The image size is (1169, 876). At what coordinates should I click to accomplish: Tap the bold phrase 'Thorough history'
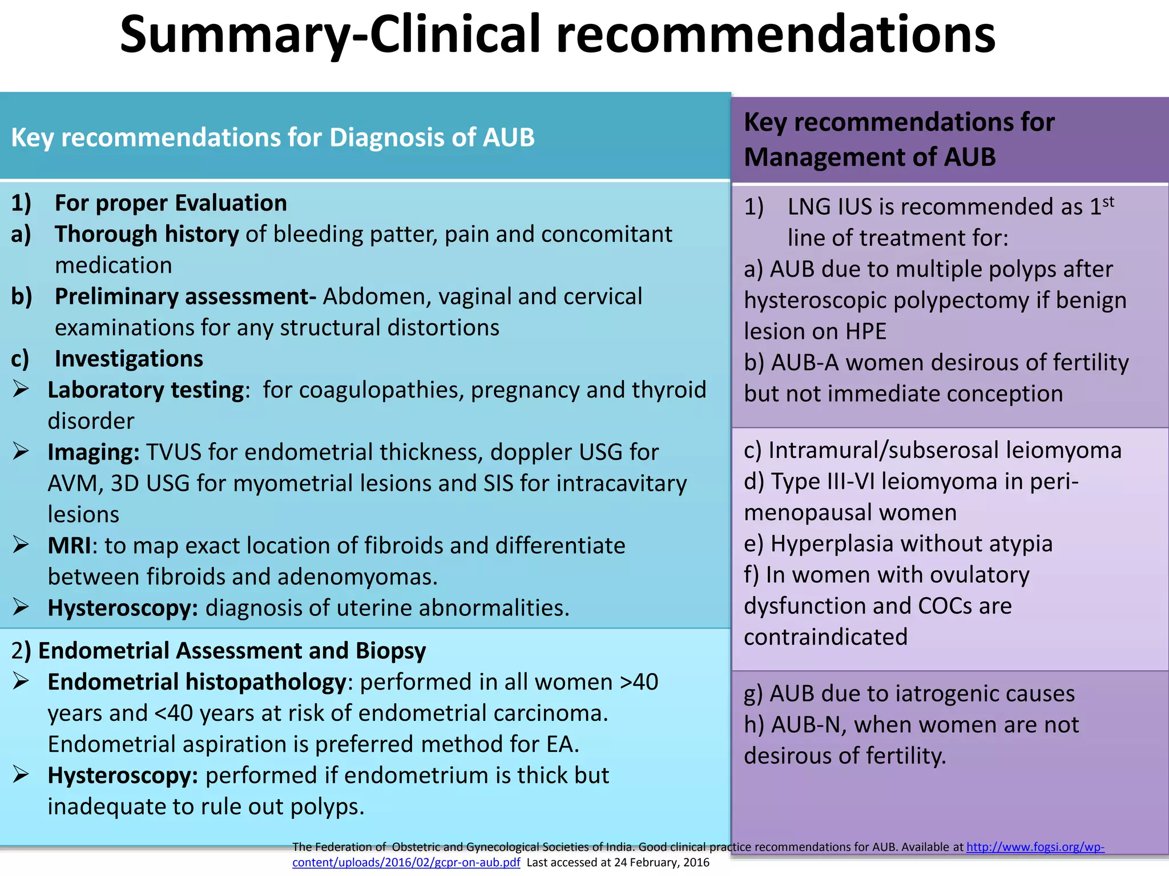(x=146, y=234)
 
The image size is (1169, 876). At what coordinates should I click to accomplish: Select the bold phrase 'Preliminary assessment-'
(x=185, y=297)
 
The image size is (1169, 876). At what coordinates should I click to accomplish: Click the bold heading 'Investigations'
(x=128, y=359)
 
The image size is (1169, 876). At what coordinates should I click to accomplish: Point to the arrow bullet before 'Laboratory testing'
(x=21, y=390)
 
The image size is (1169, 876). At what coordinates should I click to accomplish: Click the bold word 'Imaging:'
(x=94, y=452)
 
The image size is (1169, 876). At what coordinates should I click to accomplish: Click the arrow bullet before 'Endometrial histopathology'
(x=21, y=681)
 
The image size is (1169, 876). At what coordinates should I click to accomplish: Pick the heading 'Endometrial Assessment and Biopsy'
(x=232, y=651)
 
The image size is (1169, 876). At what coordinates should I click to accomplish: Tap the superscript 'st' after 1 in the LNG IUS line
(x=1108, y=201)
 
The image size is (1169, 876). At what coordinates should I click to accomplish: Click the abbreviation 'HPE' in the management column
(x=866, y=331)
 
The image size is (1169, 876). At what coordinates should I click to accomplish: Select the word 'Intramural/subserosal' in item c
(x=884, y=451)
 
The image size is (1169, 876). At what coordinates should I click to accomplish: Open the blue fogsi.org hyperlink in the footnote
(x=1034, y=847)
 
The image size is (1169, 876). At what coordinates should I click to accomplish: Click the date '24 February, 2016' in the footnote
(x=662, y=863)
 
